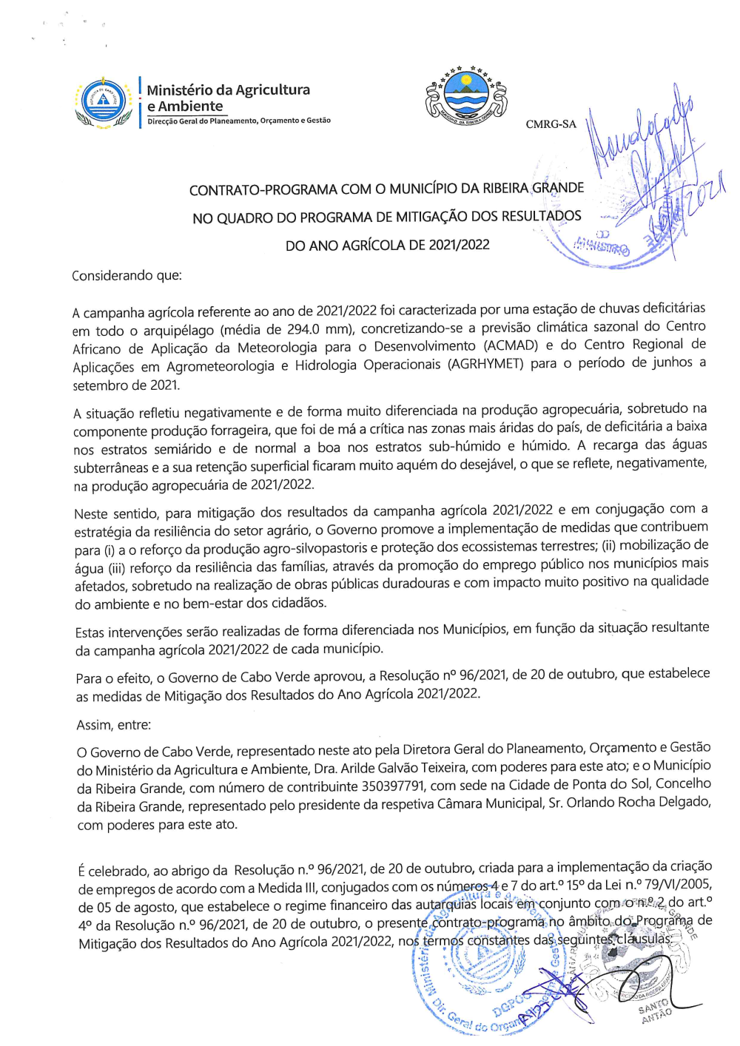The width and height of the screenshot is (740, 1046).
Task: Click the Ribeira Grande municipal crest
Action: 466,95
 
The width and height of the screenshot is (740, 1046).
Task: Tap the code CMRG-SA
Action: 551,124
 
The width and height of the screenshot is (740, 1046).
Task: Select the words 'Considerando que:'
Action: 127,276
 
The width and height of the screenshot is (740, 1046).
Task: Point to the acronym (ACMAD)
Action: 511,345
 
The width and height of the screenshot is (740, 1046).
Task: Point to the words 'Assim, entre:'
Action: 113,726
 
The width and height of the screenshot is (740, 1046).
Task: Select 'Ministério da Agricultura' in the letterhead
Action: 228,90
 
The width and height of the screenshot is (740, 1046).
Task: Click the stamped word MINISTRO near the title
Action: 602,247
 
